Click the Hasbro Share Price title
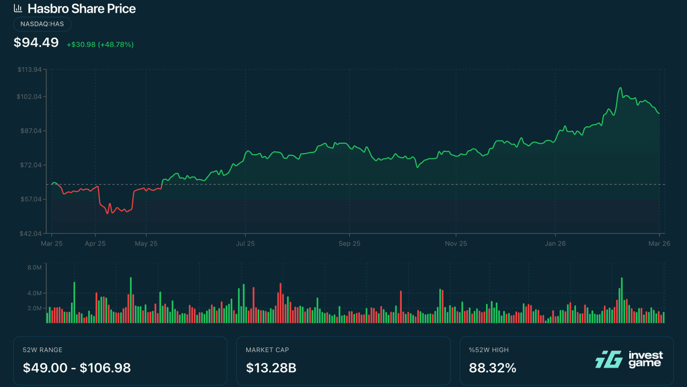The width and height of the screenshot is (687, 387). (x=81, y=9)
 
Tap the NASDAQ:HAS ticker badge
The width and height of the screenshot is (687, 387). (x=42, y=24)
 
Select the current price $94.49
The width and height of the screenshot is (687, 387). (x=35, y=42)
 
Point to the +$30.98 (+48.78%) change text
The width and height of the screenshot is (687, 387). (x=100, y=44)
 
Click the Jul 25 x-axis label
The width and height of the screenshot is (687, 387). (x=245, y=243)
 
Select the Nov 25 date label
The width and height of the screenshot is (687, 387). (x=456, y=243)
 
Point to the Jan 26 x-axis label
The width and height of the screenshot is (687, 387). (x=555, y=243)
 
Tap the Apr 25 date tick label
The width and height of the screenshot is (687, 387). (x=95, y=243)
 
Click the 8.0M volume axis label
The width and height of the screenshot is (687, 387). (x=35, y=267)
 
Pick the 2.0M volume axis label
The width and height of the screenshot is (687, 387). (x=35, y=308)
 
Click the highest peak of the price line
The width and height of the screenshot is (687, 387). (x=620, y=88)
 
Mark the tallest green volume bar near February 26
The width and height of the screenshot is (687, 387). (x=622, y=300)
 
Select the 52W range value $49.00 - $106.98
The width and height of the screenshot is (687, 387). (x=77, y=368)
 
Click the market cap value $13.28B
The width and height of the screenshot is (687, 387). (x=271, y=368)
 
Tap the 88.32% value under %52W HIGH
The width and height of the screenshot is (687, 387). (x=492, y=368)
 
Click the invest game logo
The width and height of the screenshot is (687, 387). (x=629, y=359)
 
